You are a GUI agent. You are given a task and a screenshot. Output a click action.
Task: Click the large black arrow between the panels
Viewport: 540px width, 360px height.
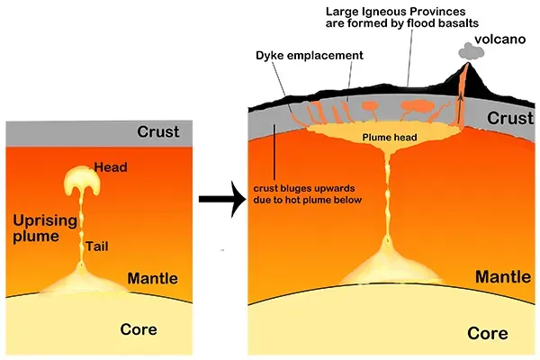[220, 200]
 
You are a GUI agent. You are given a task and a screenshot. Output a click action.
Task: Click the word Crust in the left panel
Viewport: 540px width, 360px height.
[157, 132]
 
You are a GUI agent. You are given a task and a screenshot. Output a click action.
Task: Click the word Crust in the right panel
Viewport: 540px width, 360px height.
[508, 118]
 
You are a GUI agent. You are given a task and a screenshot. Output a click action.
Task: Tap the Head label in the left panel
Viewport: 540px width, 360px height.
[111, 168]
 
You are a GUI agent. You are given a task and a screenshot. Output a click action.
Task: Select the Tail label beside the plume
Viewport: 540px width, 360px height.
[101, 245]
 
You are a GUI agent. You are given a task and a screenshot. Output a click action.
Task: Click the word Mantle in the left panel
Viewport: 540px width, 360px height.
[154, 278]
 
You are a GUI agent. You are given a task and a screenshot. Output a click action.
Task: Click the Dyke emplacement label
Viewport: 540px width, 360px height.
[311, 55]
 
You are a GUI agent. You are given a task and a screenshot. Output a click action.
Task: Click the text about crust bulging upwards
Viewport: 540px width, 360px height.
[307, 193]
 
